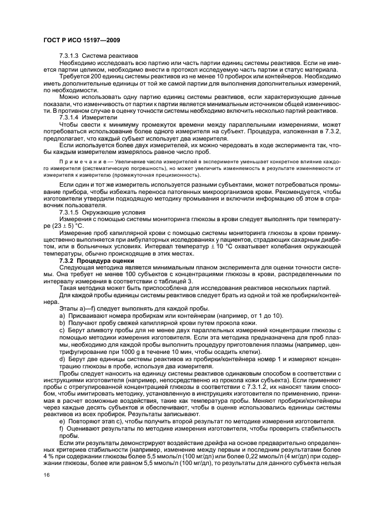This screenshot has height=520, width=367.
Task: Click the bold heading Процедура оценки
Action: click(110, 261)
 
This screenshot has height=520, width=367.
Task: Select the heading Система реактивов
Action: click(110, 56)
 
